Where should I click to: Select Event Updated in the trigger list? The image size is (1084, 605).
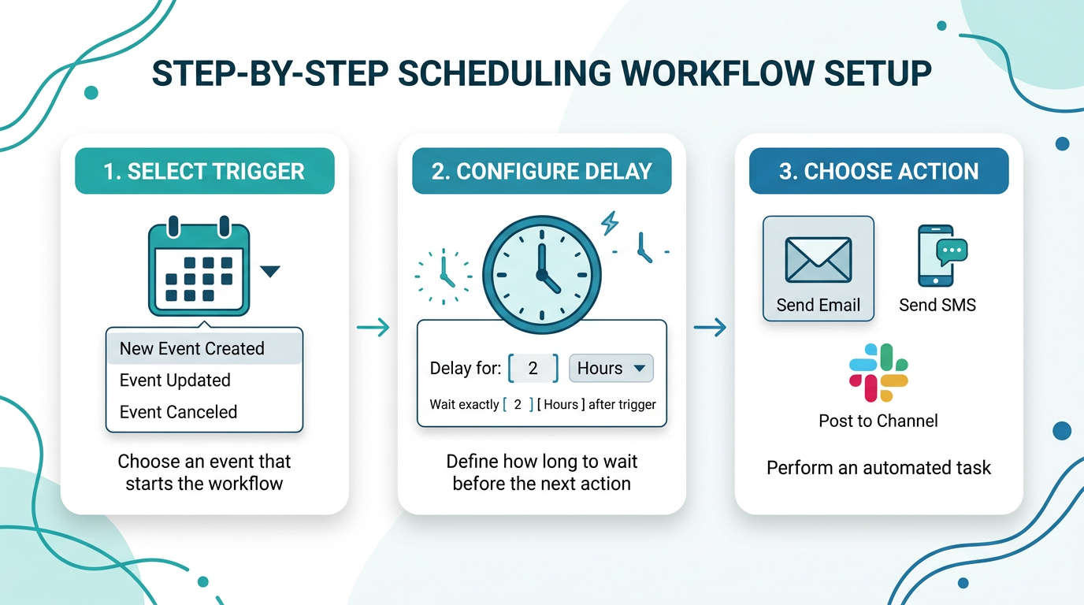click(175, 380)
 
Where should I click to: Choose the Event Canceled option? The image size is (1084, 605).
click(178, 412)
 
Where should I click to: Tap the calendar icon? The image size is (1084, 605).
click(199, 265)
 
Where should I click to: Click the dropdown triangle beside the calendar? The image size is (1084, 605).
click(270, 271)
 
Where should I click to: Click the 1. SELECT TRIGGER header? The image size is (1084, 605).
click(205, 171)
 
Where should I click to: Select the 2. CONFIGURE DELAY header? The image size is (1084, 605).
click(541, 171)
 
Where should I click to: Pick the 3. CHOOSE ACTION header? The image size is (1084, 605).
click(879, 171)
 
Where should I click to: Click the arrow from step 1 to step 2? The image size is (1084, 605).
click(373, 327)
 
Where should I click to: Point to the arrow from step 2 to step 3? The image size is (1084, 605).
click(710, 327)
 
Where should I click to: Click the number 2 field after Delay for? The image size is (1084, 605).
click(533, 369)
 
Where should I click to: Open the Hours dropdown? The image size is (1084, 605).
click(611, 369)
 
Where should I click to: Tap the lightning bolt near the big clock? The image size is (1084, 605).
click(610, 223)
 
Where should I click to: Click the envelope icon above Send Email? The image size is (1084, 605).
click(819, 259)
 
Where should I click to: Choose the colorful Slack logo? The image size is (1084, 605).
click(878, 373)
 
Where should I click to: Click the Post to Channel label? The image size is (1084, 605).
click(878, 421)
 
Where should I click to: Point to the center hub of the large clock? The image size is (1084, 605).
click(542, 275)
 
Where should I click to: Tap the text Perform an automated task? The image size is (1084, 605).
click(879, 468)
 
